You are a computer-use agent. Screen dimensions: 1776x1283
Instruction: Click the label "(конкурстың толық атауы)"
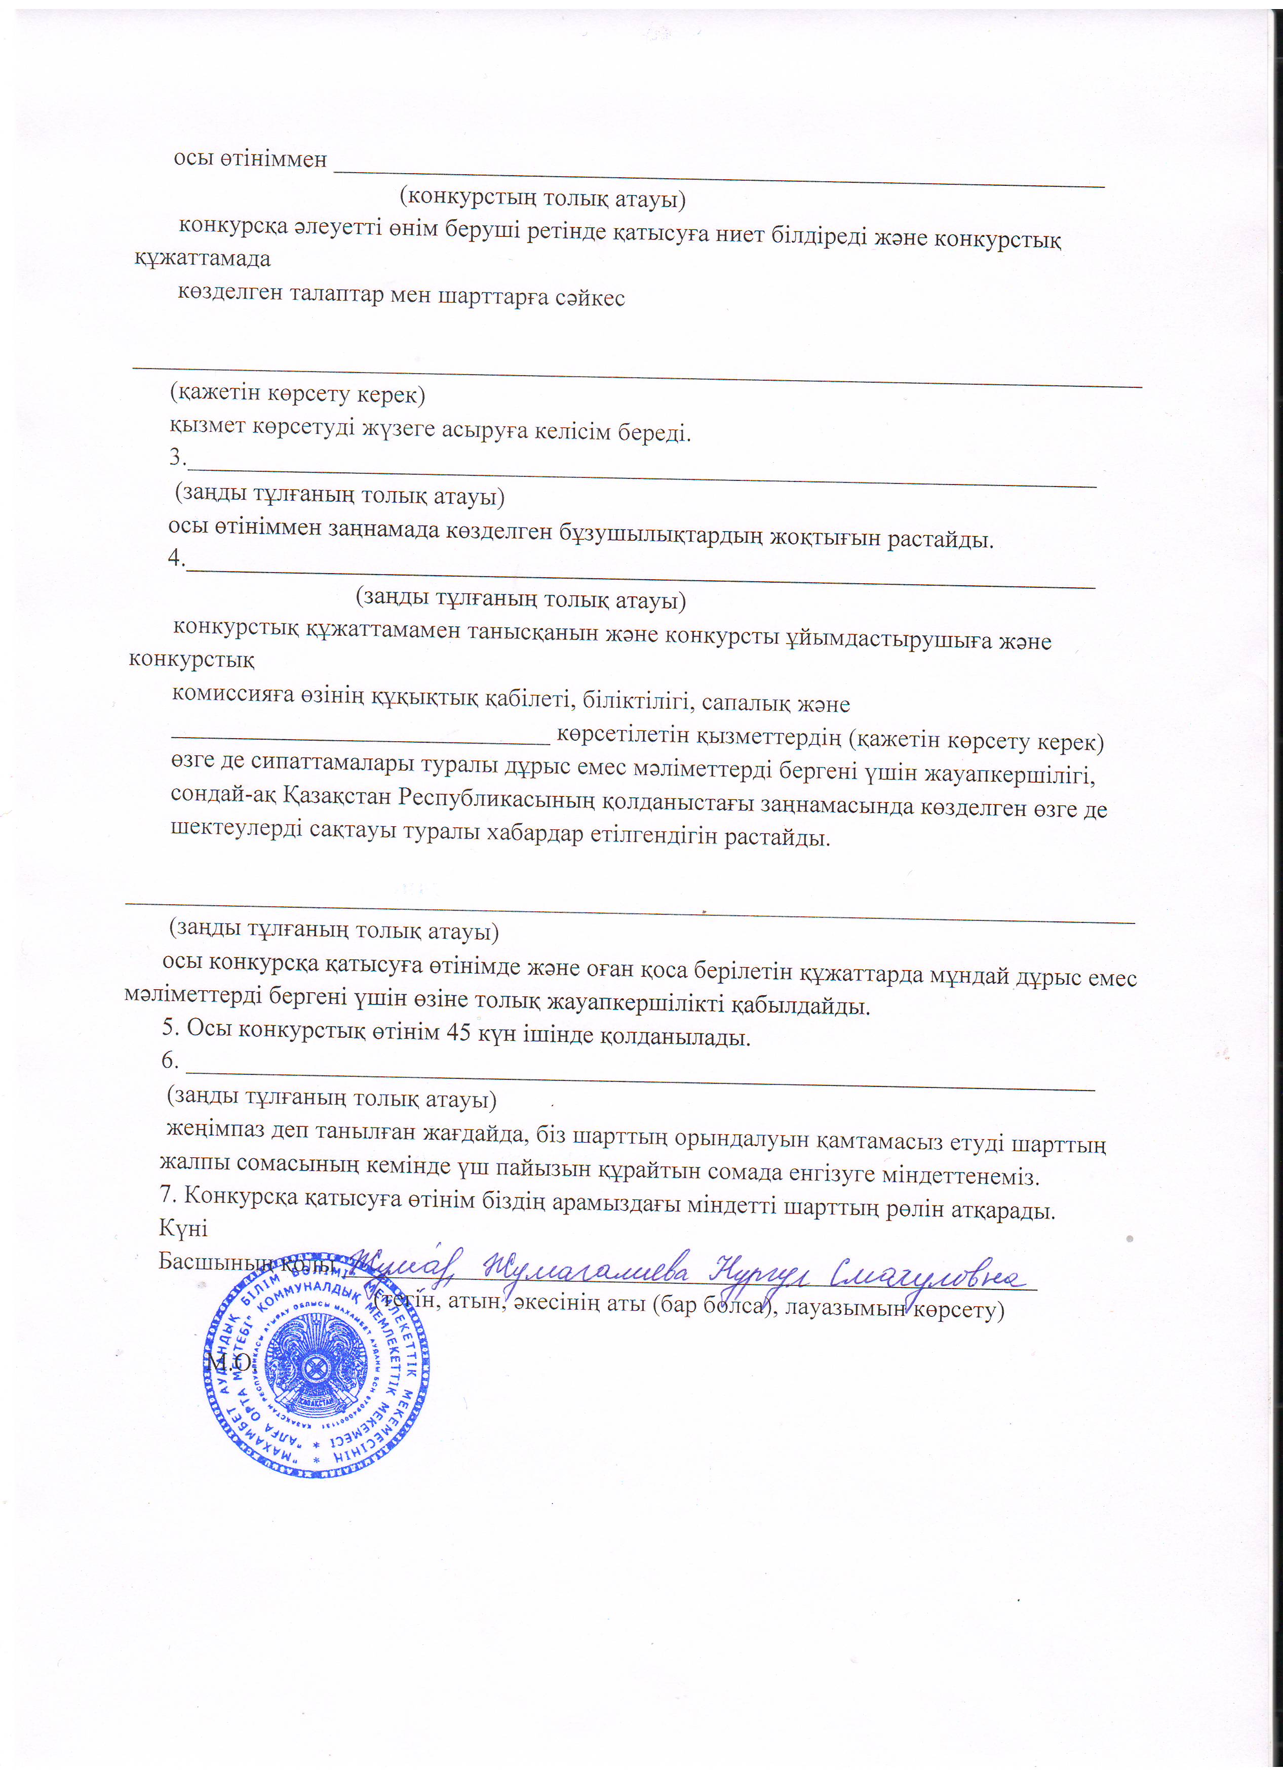[542, 197]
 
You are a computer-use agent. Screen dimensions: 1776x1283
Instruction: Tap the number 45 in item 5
[457, 1033]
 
